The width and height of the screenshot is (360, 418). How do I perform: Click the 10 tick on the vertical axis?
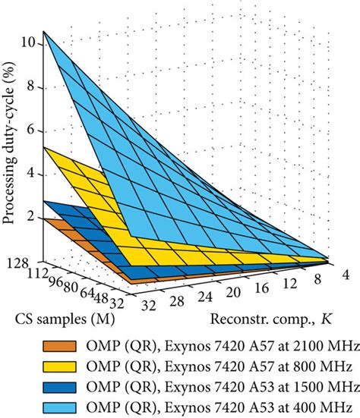click(29, 42)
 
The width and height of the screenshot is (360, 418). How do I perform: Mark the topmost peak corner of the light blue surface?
click(43, 32)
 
